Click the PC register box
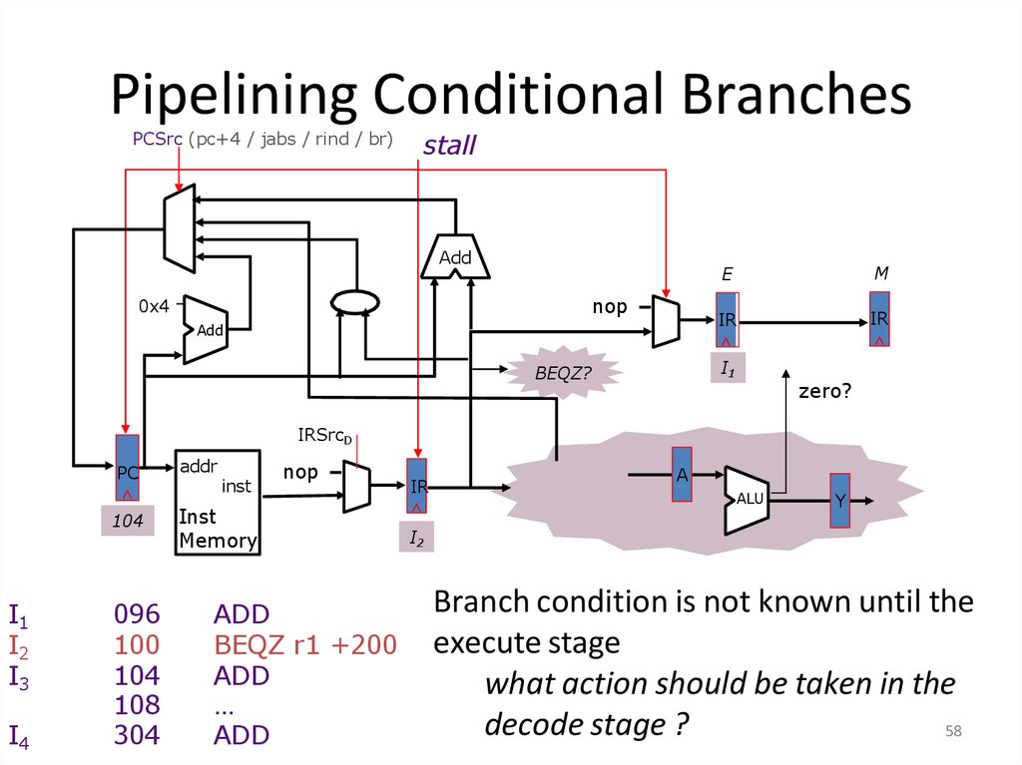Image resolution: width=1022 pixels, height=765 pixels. (128, 468)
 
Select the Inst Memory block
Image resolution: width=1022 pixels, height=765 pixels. (218, 503)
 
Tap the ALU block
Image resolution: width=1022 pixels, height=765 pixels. (749, 498)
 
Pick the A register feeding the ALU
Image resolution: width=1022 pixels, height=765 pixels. (683, 474)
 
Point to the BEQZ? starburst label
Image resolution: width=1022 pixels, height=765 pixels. (565, 373)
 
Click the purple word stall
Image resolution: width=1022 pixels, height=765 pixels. (449, 146)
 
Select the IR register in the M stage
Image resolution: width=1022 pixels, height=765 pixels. (879, 318)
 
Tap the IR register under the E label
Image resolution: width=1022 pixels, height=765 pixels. (727, 320)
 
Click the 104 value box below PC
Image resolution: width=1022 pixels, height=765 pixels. (128, 521)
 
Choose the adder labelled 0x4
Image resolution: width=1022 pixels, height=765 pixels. (206, 329)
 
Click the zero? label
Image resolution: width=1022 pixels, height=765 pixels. (824, 392)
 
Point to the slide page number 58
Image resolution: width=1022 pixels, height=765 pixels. (953, 733)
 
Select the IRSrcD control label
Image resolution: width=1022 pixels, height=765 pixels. (325, 436)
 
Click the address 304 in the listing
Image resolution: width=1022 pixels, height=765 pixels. (136, 735)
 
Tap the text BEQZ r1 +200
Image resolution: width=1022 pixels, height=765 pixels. (304, 644)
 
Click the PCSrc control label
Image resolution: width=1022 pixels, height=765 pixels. (158, 139)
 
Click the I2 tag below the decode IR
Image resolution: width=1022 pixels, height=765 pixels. (417, 539)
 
